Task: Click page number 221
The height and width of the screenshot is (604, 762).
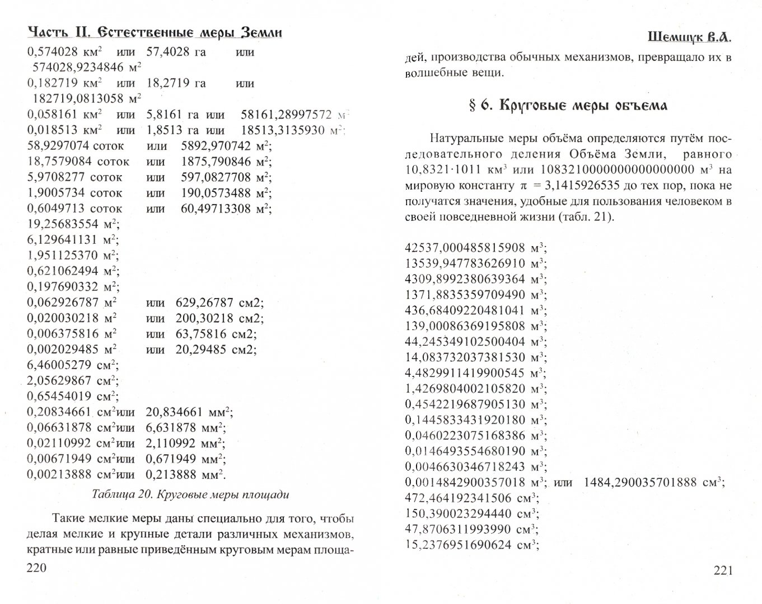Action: [x=723, y=570]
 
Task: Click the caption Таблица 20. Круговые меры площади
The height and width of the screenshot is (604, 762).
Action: [x=190, y=495]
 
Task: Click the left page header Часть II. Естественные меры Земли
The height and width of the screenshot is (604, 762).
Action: [x=155, y=32]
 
